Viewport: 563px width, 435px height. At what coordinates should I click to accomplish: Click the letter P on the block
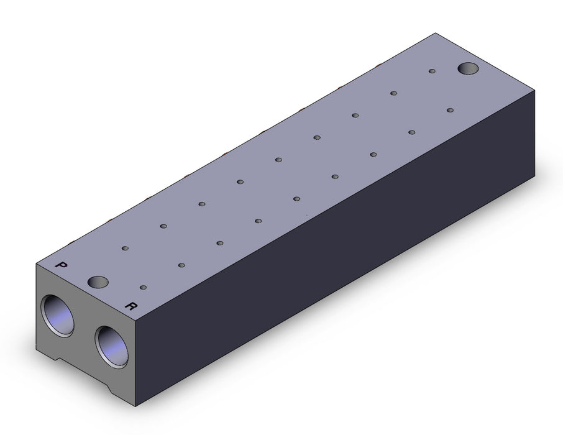tap(62, 265)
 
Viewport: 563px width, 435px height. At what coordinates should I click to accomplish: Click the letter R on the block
tap(130, 306)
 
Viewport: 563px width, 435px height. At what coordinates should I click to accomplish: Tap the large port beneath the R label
tap(112, 347)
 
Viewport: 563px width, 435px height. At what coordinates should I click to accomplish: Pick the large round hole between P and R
tap(98, 282)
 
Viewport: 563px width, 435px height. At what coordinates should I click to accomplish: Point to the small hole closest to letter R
tap(144, 287)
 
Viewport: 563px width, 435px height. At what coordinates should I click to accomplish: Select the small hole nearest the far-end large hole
tap(433, 71)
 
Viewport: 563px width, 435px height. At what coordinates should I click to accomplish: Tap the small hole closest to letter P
tap(126, 248)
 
